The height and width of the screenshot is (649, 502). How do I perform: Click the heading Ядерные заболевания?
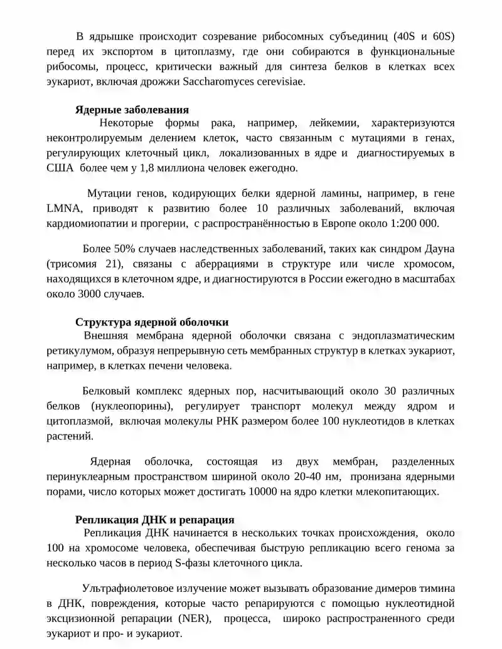pos(132,109)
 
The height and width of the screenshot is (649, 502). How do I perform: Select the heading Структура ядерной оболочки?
pos(152,322)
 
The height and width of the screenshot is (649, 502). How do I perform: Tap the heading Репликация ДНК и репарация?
pos(155,520)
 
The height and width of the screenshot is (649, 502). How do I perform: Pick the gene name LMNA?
pos(63,208)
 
